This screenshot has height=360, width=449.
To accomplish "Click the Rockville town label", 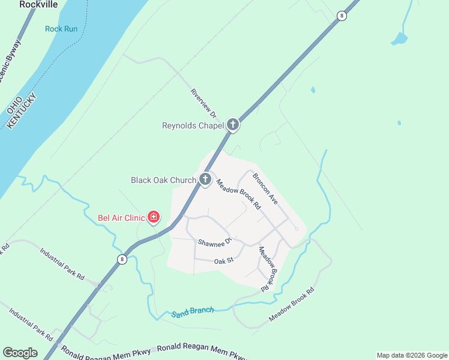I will pyautogui.click(x=38, y=4).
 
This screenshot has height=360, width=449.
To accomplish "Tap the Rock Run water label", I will pyautogui.click(x=61, y=29).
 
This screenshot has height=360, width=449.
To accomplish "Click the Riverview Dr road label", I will pyautogui.click(x=203, y=103).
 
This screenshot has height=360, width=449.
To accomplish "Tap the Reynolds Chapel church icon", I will pyautogui.click(x=233, y=125).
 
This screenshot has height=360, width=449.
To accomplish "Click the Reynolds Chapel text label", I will pyautogui.click(x=193, y=125).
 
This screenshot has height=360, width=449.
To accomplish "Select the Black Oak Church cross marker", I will pyautogui.click(x=205, y=179).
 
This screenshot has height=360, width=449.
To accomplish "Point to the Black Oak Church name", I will pyautogui.click(x=163, y=180).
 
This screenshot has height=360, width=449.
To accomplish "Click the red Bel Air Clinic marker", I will pyautogui.click(x=154, y=217).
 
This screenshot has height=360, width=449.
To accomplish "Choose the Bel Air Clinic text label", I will pyautogui.click(x=122, y=218).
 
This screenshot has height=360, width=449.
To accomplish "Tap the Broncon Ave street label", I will pyautogui.click(x=265, y=189).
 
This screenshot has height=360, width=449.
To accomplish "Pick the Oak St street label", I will pyautogui.click(x=223, y=260).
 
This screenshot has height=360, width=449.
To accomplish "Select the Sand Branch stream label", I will pyautogui.click(x=193, y=311).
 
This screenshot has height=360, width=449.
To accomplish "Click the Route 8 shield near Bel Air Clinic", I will pyautogui.click(x=122, y=259).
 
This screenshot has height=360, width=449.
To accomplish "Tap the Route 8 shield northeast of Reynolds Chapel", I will pyautogui.click(x=342, y=16).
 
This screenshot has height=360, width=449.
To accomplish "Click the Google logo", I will pyautogui.click(x=20, y=353).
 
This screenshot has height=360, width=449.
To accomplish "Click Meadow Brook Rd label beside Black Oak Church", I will pyautogui.click(x=238, y=194).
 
